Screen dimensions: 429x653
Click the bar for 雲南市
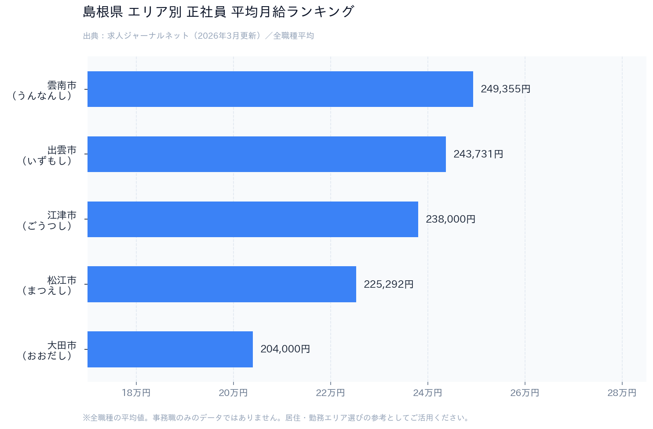[x=280, y=89]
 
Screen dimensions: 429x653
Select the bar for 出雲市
[x=266, y=154]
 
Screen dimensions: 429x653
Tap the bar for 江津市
[x=253, y=219]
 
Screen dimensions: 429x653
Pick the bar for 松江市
[x=222, y=284]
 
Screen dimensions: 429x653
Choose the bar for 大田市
[x=170, y=349]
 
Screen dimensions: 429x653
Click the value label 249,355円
[x=506, y=89]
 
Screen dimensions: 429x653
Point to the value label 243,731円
[x=478, y=154]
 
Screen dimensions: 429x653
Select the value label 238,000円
[x=451, y=219]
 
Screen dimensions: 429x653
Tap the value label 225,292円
[x=389, y=284]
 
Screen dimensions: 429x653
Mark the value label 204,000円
[x=285, y=349]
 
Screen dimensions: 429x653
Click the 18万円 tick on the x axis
[x=136, y=393]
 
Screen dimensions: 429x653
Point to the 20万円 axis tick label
[x=233, y=393]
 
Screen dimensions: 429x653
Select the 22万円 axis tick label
[x=331, y=393]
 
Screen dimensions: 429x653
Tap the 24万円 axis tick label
[x=428, y=393]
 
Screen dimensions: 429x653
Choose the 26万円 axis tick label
[x=525, y=393]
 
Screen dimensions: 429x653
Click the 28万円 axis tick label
[x=622, y=393]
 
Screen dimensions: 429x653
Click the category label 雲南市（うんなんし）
[x=44, y=90]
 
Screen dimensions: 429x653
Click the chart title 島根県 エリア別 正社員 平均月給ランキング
[x=219, y=12]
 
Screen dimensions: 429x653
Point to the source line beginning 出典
[x=198, y=36]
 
